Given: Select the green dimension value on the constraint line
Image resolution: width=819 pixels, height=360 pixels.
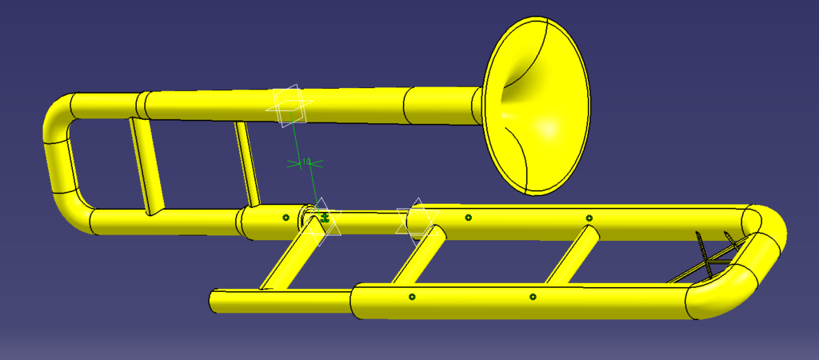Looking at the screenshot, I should pyautogui.click(x=305, y=162).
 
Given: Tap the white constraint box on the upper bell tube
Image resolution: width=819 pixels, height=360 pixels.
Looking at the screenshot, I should pyautogui.click(x=289, y=106).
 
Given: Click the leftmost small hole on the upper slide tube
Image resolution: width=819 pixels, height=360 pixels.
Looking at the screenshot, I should pyautogui.click(x=286, y=217).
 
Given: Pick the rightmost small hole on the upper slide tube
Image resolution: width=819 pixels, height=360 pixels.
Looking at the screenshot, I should pyautogui.click(x=589, y=218).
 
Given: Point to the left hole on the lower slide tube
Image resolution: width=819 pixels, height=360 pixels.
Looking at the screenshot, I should pyautogui.click(x=412, y=297).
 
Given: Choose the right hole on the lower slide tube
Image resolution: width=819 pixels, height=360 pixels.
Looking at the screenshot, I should pyautogui.click(x=533, y=297).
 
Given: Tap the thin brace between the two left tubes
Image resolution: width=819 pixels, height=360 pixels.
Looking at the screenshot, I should pyautogui.click(x=247, y=164).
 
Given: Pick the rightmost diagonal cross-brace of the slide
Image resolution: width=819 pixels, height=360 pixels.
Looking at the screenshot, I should pyautogui.click(x=569, y=254).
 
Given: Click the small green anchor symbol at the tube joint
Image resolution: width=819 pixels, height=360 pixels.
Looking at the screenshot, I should pyautogui.click(x=325, y=217).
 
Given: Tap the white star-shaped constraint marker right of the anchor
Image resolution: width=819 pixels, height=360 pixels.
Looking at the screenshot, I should pyautogui.click(x=416, y=218).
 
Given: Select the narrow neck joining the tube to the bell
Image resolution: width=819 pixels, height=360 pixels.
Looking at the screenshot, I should pyautogui.click(x=475, y=106).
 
